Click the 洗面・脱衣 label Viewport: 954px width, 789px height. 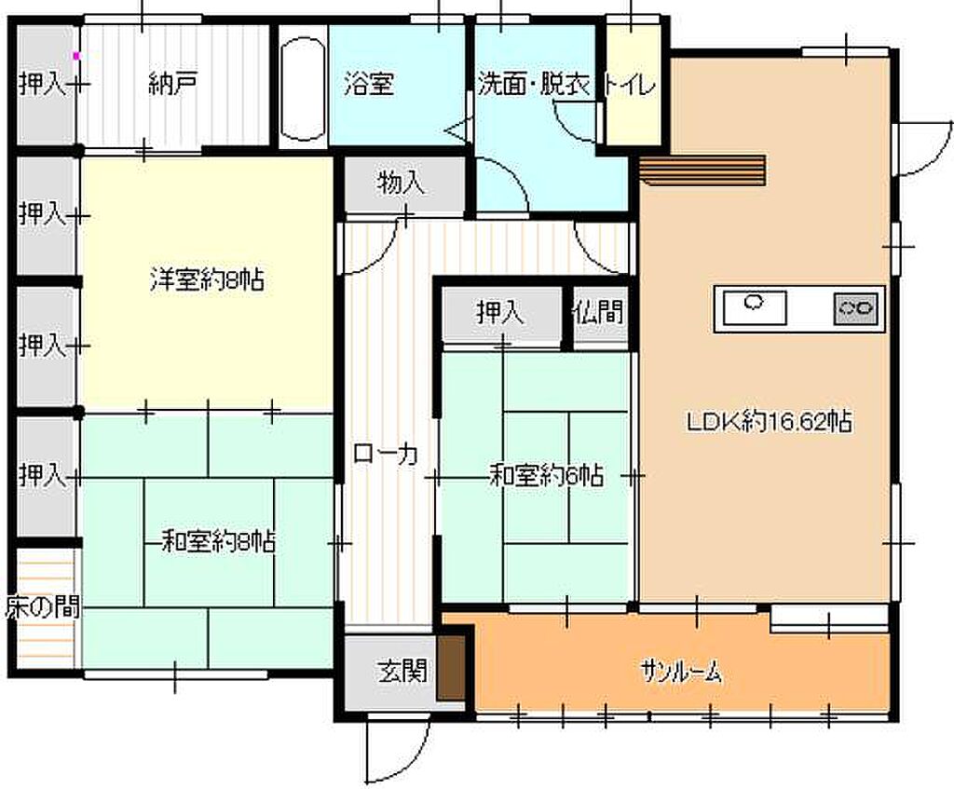[x=534, y=85]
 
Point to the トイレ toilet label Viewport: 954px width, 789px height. [x=630, y=85]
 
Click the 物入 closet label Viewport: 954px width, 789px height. [x=401, y=183]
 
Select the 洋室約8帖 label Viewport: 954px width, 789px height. [x=207, y=280]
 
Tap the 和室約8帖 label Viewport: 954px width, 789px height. [x=218, y=541]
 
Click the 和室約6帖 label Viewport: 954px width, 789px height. [x=546, y=475]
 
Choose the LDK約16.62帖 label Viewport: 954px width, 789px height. [x=769, y=421]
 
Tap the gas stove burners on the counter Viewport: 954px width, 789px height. [x=855, y=308]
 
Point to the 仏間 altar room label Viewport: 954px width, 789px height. [x=599, y=312]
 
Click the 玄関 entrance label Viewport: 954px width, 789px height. [x=402, y=671]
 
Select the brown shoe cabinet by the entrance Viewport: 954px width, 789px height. [x=451, y=668]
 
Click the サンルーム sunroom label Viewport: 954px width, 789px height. [x=681, y=673]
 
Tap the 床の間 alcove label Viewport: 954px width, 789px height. [x=43, y=607]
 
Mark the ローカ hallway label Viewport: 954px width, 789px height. [x=386, y=454]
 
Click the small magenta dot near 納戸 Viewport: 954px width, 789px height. [x=76, y=56]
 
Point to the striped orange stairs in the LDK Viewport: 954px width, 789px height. [x=702, y=170]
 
